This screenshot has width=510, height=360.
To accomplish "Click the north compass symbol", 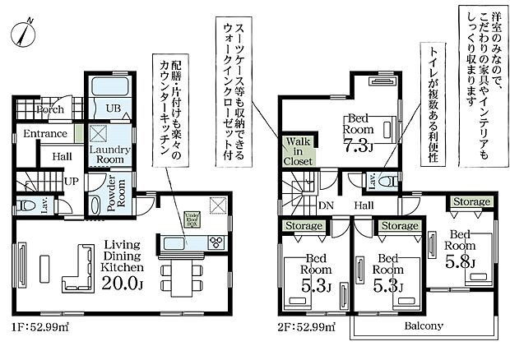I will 22,34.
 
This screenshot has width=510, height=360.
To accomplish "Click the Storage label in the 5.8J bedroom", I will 470,201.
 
